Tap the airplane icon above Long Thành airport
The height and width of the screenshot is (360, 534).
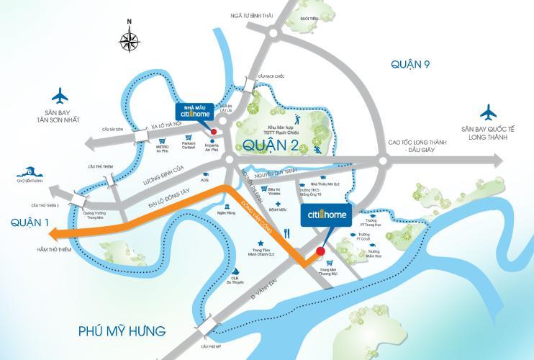coord(489,112)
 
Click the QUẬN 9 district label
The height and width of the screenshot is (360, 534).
coord(410,65)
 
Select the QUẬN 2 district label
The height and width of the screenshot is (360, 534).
coord(271,145)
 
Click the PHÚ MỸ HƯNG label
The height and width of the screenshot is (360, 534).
coord(122,331)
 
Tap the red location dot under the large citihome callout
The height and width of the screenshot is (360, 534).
coord(321,251)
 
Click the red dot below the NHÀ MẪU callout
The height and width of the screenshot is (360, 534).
coord(213,130)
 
